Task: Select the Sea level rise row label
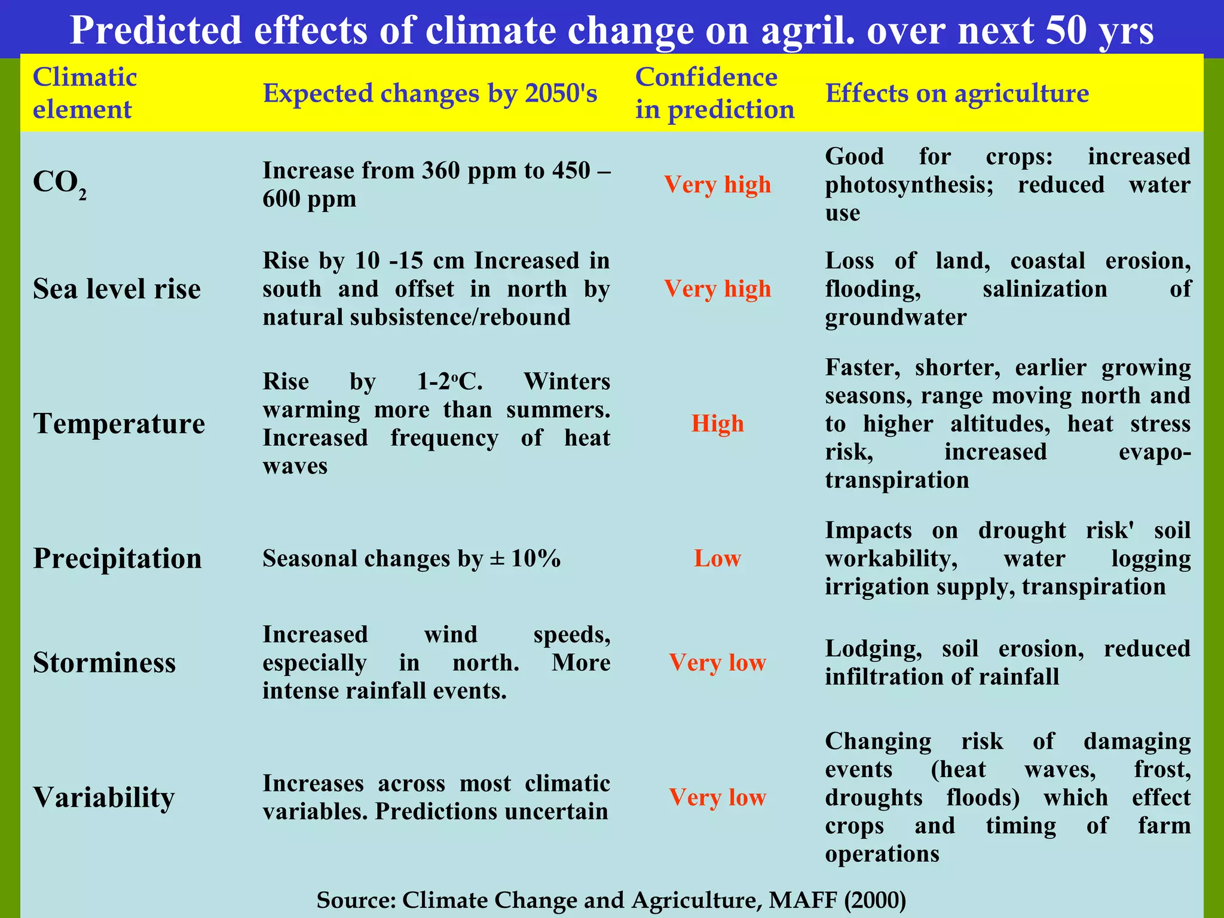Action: point(117,289)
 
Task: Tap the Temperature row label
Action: point(119,424)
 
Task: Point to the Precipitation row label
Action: point(117,558)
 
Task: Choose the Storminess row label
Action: point(104,662)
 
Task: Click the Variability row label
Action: point(103,797)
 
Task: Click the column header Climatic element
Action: point(84,93)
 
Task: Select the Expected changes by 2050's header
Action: point(430,93)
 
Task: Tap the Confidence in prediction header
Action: point(714,93)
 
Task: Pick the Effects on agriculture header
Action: point(957,93)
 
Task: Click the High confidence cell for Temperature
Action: point(717,424)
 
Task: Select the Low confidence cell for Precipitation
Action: point(717,558)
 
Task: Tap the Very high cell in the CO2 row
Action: point(717,185)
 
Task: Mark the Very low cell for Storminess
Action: point(717,662)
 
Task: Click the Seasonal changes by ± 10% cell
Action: point(411,558)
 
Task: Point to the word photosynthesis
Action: point(908,185)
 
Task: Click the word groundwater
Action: point(895,317)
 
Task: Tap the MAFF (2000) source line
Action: point(611,899)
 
